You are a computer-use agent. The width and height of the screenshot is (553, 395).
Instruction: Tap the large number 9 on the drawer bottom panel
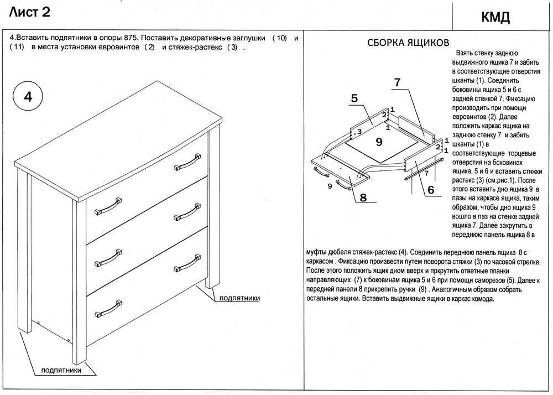(x=379, y=142)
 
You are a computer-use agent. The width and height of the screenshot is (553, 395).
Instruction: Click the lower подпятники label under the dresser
(x=62, y=370)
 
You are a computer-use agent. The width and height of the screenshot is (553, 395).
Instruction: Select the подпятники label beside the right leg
(x=239, y=298)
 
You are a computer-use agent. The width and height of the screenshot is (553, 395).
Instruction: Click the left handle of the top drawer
(x=107, y=205)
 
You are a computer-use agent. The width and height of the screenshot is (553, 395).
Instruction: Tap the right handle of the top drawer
(x=186, y=162)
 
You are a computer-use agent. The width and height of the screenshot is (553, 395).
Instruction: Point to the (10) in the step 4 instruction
(x=280, y=38)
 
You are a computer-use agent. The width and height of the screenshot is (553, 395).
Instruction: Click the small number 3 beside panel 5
(x=359, y=132)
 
